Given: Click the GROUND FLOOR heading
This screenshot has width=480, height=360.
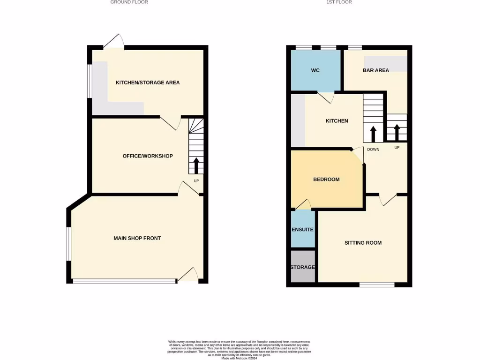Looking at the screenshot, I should click(129, 2).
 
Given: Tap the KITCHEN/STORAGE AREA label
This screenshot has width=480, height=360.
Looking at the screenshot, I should click(148, 82).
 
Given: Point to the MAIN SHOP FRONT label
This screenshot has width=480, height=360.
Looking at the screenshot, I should click(137, 238).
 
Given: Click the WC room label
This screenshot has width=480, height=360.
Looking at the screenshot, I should click(315, 70).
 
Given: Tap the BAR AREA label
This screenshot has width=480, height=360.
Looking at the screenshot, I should click(375, 70).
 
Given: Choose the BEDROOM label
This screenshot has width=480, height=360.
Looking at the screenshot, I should click(326, 180).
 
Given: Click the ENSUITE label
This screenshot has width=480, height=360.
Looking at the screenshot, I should click(302, 230).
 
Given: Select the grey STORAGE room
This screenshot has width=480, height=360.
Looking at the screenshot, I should click(302, 267).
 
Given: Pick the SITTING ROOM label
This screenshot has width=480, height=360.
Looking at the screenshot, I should click(363, 243).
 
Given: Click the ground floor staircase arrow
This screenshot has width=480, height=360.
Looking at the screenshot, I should click(196, 165).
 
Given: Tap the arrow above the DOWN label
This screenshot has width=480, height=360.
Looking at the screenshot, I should click(374, 134).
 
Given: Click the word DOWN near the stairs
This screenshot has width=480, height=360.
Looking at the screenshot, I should click(373, 150).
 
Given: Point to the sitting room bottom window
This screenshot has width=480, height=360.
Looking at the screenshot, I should click(377, 285).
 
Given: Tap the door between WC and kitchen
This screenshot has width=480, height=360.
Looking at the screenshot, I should click(326, 97).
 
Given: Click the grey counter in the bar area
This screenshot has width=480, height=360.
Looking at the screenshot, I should click(386, 64).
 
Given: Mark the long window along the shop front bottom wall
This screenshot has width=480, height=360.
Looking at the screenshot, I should click(124, 281).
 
